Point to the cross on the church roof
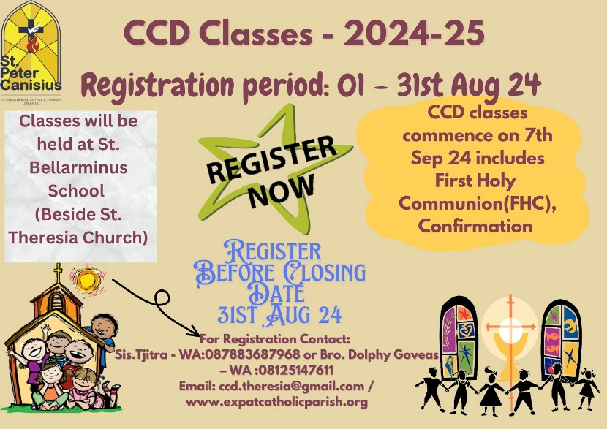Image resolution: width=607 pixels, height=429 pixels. (x=58, y=274)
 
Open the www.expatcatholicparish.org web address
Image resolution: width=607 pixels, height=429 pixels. (x=276, y=402)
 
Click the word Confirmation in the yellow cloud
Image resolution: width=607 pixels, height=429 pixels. (x=475, y=226)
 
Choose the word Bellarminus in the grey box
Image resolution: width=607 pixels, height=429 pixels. (x=78, y=167)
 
